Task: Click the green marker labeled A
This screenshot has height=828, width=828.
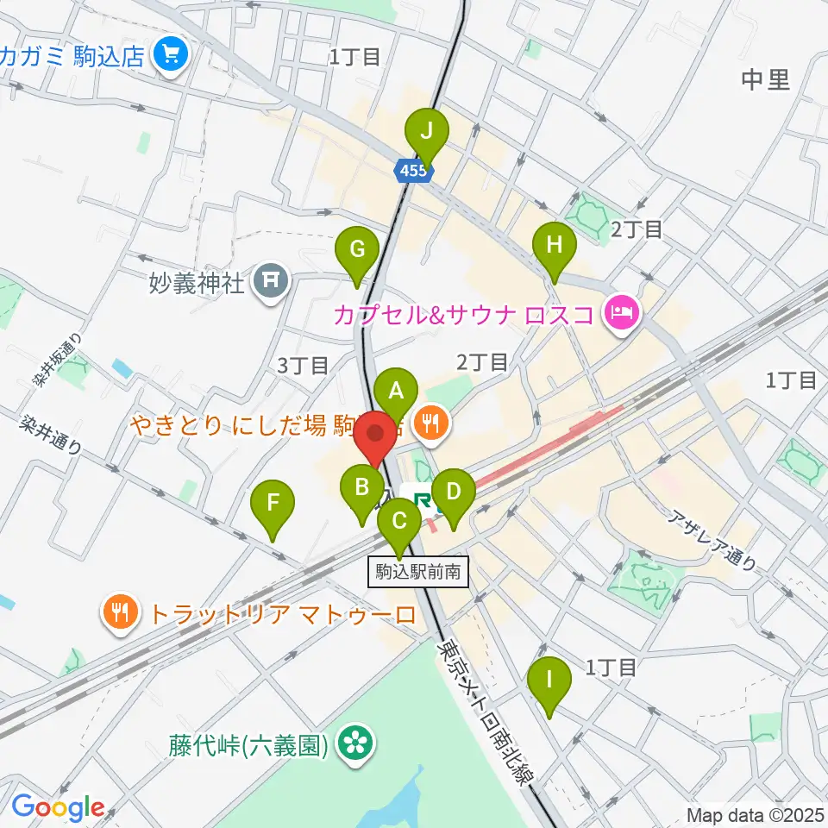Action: point(396,391)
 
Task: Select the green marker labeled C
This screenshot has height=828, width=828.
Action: point(399,521)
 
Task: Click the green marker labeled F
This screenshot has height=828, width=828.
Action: point(273,502)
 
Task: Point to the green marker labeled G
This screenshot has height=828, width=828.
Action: point(356,249)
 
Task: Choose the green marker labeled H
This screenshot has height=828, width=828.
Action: point(555,245)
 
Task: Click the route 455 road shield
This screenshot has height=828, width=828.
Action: point(413,172)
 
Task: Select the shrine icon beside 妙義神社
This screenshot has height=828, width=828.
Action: point(271,282)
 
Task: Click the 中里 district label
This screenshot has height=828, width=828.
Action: point(765,80)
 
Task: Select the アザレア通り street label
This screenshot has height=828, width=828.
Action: point(716,541)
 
